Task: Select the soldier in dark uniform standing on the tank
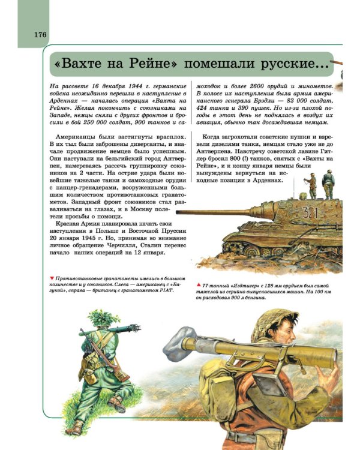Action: tap(328, 184)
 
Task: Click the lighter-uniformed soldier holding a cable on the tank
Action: tap(311, 185)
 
